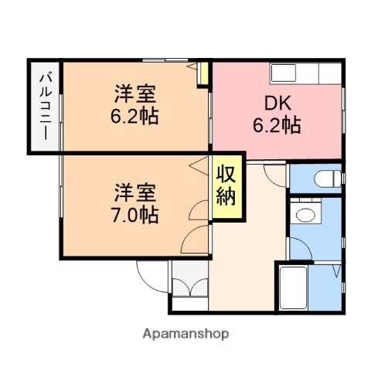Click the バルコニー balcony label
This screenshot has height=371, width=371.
click(44, 107)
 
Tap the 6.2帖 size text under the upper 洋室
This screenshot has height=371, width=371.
click(136, 118)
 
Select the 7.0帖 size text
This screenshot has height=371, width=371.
click(136, 214)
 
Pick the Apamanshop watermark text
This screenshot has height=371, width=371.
click(185, 334)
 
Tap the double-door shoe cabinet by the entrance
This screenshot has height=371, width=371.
click(189, 284)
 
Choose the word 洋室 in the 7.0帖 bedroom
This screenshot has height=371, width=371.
click(136, 191)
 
